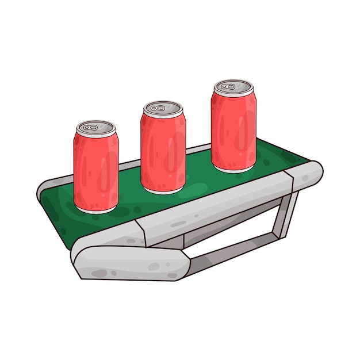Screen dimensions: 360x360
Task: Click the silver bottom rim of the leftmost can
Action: pyautogui.click(x=97, y=210)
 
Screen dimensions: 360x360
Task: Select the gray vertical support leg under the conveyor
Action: pyautogui.click(x=286, y=216)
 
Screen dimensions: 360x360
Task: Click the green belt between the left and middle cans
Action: pyautogui.click(x=129, y=184)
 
